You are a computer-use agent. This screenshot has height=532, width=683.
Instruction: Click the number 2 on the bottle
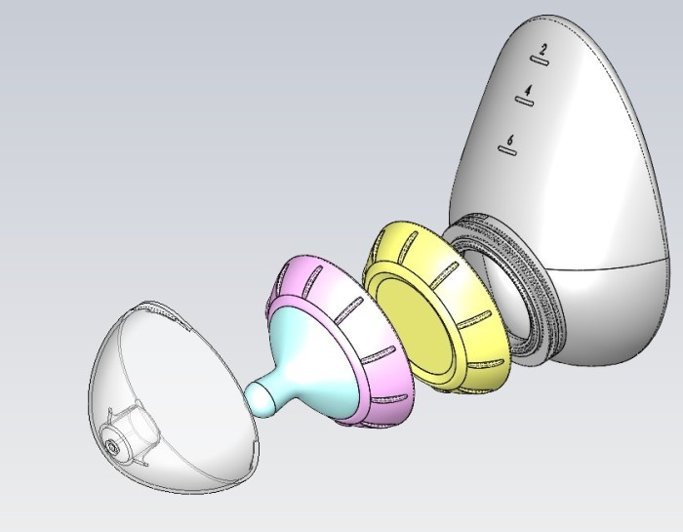tap(542, 49)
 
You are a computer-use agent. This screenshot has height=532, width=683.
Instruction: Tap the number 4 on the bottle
tap(528, 90)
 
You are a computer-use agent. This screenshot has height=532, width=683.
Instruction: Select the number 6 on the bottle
tap(510, 140)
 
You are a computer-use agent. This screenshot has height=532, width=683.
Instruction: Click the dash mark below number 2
tap(540, 61)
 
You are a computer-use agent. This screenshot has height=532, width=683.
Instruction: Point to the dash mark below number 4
tap(525, 102)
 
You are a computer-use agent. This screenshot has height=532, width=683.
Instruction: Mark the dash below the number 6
tap(507, 150)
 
